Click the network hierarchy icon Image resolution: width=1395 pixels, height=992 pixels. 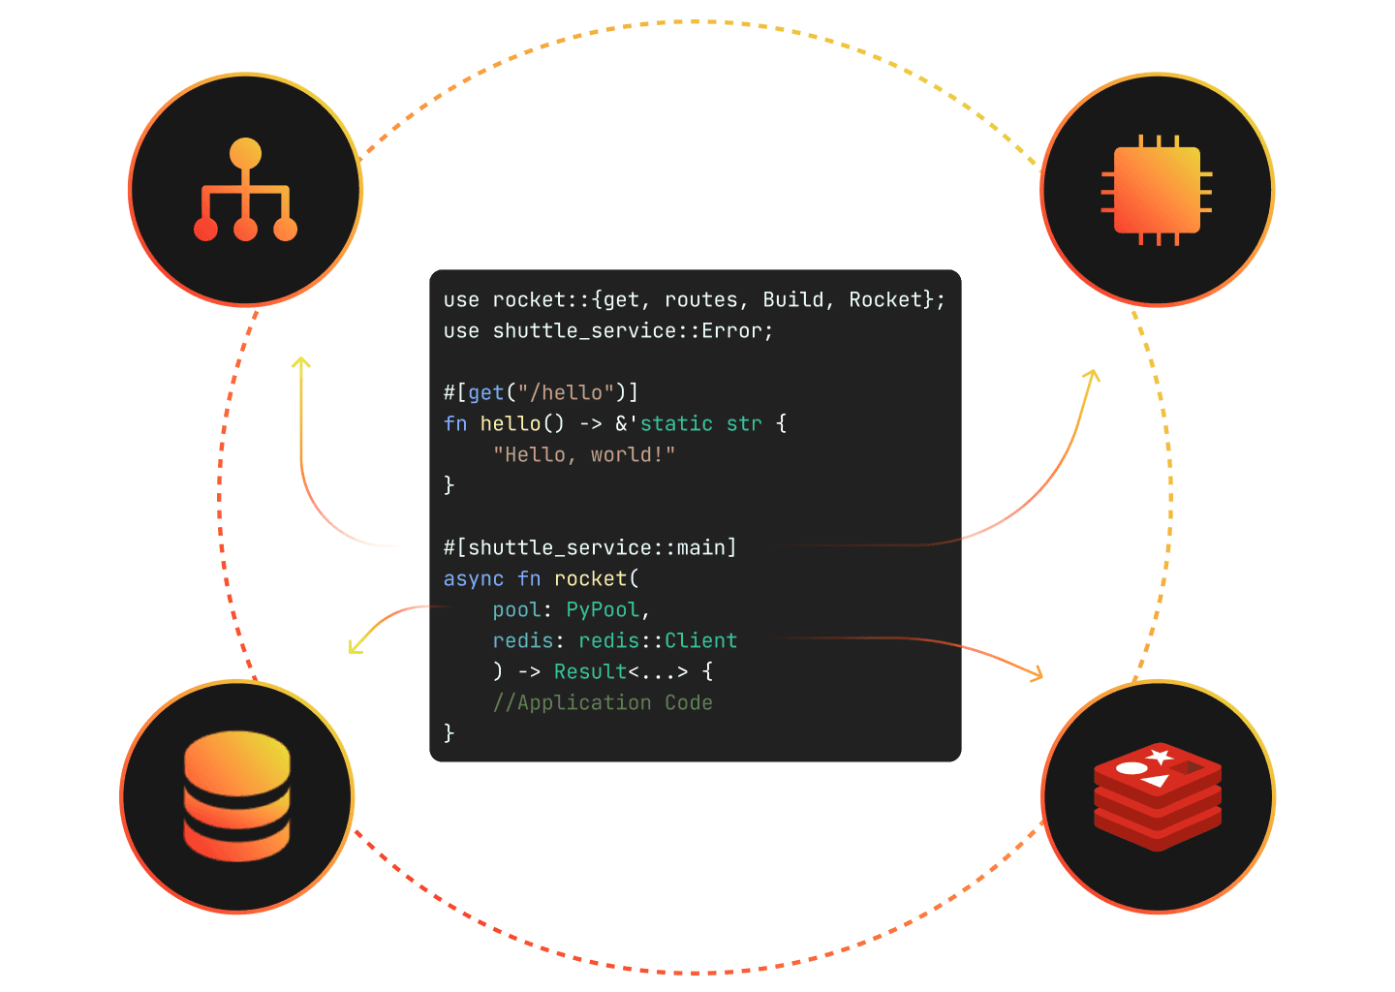point(245,189)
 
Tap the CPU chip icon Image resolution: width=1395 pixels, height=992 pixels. point(1157,190)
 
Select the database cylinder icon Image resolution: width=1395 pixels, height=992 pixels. point(237,796)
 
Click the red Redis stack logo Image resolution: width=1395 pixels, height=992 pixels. point(1158,796)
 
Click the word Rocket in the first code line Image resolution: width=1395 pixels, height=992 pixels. point(885,300)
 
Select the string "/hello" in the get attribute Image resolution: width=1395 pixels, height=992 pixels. point(567,392)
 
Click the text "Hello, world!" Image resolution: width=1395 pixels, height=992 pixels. point(584,454)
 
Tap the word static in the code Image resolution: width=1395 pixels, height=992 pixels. point(676,423)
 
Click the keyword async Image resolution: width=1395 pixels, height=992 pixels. point(474,579)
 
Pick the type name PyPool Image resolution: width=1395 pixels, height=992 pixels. point(603,609)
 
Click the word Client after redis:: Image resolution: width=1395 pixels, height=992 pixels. point(700,640)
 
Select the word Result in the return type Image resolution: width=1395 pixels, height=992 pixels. point(590,671)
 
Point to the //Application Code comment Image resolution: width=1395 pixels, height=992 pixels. point(603,702)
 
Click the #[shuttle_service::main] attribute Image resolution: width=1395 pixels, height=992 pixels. point(590,548)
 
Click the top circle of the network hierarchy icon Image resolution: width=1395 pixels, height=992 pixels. point(245,153)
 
